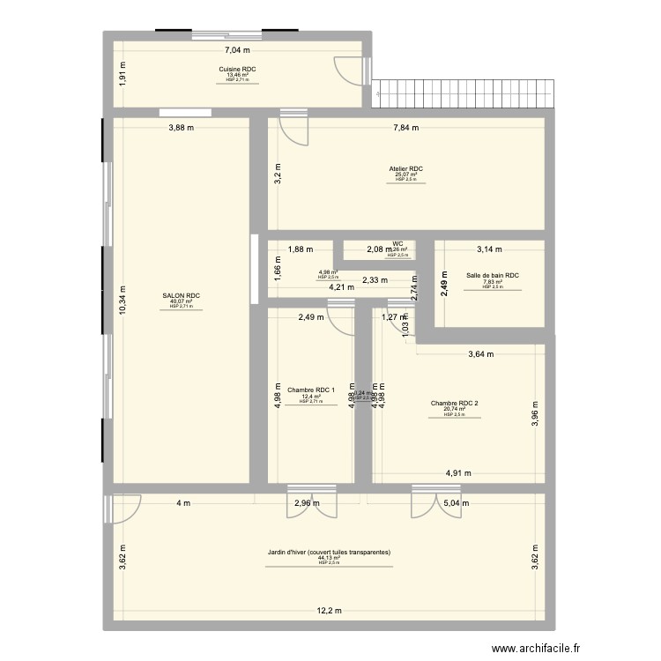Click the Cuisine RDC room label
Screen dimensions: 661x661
tap(237, 68)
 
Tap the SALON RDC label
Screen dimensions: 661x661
tap(181, 296)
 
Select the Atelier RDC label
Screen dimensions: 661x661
tap(405, 168)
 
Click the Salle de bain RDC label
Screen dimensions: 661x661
tap(493, 276)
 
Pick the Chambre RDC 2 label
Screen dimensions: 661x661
tap(454, 403)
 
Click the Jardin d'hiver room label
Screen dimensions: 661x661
tap(329, 552)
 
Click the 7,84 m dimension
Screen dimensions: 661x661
tap(405, 128)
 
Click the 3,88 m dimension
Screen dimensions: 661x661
tap(182, 128)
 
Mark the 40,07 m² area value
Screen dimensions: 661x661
tap(181, 302)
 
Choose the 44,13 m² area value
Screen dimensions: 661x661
tap(329, 558)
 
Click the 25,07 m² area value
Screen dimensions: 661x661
tap(405, 175)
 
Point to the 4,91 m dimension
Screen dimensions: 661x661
tap(458, 472)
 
